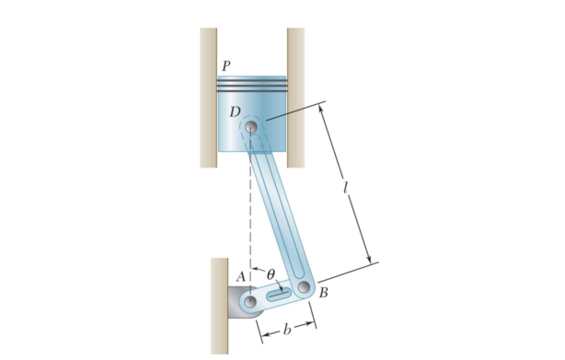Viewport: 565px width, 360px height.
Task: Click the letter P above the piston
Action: [226, 66]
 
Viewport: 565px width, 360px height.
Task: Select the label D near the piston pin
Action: [236, 112]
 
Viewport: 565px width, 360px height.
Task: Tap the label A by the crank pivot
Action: [241, 277]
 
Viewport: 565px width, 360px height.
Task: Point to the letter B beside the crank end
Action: [323, 293]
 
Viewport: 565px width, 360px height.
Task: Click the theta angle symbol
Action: [271, 274]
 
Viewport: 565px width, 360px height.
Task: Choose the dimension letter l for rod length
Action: [345, 188]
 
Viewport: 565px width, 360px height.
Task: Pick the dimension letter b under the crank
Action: [287, 330]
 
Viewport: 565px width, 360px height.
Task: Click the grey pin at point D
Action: [251, 127]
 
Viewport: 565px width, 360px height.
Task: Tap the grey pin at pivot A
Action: [250, 302]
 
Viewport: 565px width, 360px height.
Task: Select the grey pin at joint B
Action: [304, 287]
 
